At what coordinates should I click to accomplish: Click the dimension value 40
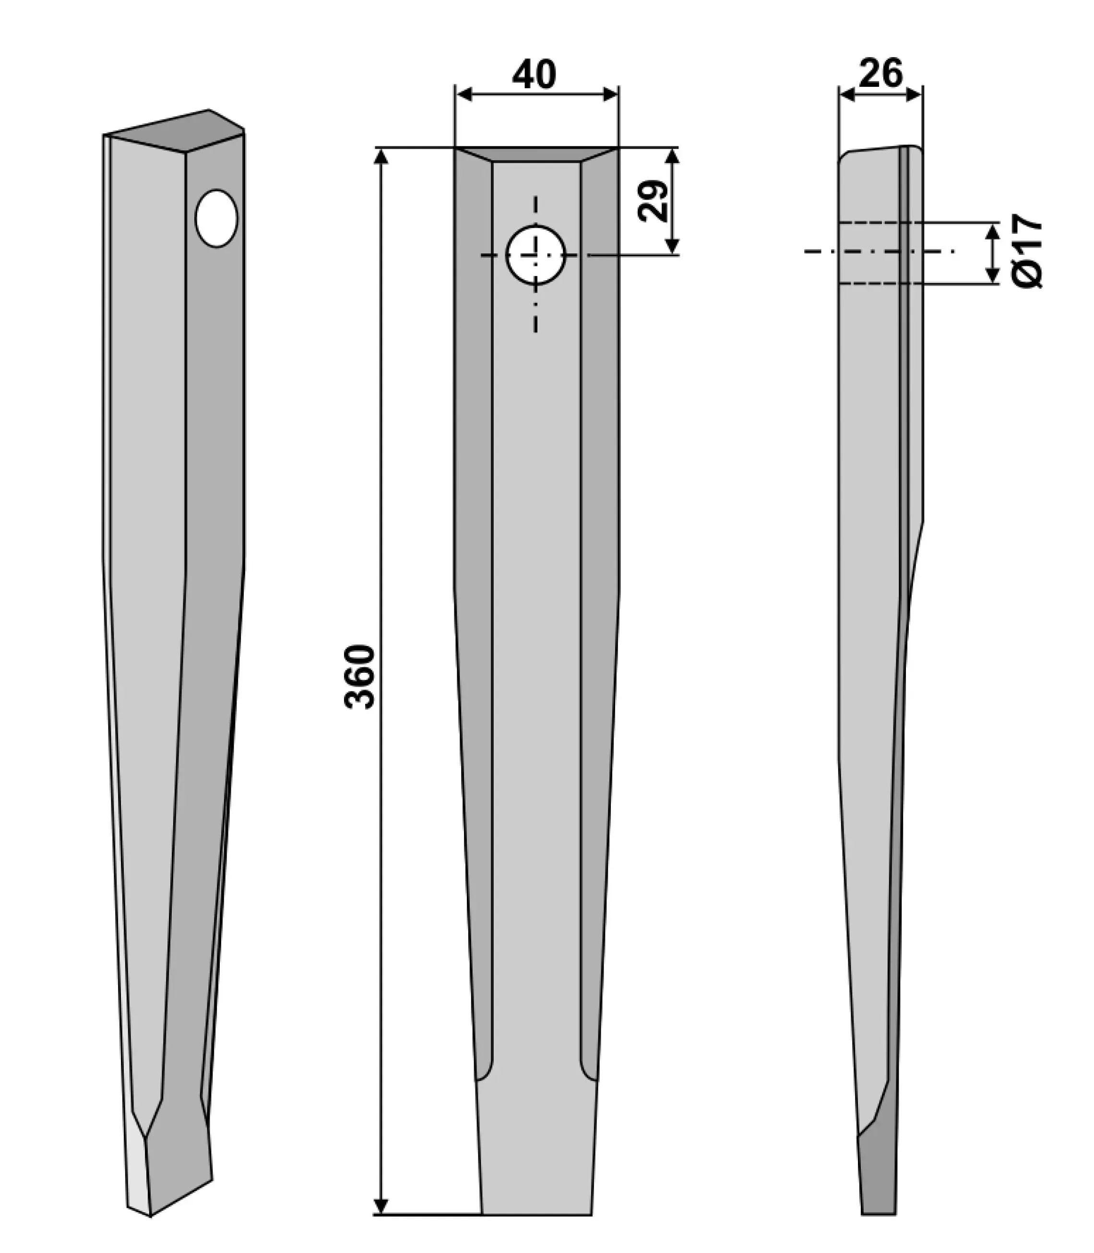[x=534, y=74]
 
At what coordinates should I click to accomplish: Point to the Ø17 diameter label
[x=1027, y=251]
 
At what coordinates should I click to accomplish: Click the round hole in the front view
[x=536, y=255]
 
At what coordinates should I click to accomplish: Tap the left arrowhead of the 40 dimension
[x=464, y=94]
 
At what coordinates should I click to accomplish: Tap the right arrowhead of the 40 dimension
[x=610, y=94]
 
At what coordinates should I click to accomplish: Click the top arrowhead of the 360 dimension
[x=381, y=156]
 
